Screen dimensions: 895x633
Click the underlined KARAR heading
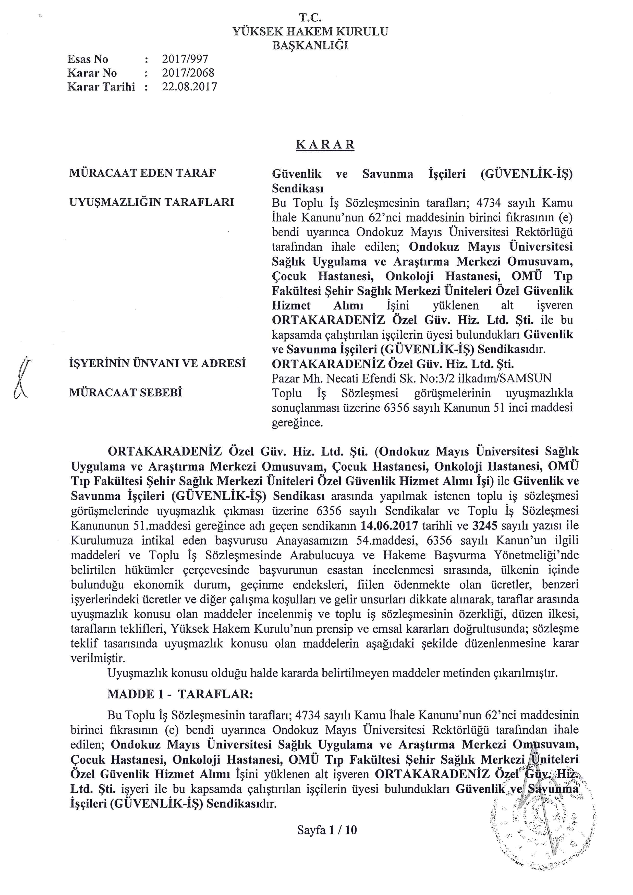[325, 145]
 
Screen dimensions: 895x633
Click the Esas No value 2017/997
[185, 59]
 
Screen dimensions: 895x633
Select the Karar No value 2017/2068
[188, 73]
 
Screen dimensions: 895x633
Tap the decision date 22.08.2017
[189, 87]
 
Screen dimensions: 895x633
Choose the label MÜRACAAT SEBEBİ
[126, 393]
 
